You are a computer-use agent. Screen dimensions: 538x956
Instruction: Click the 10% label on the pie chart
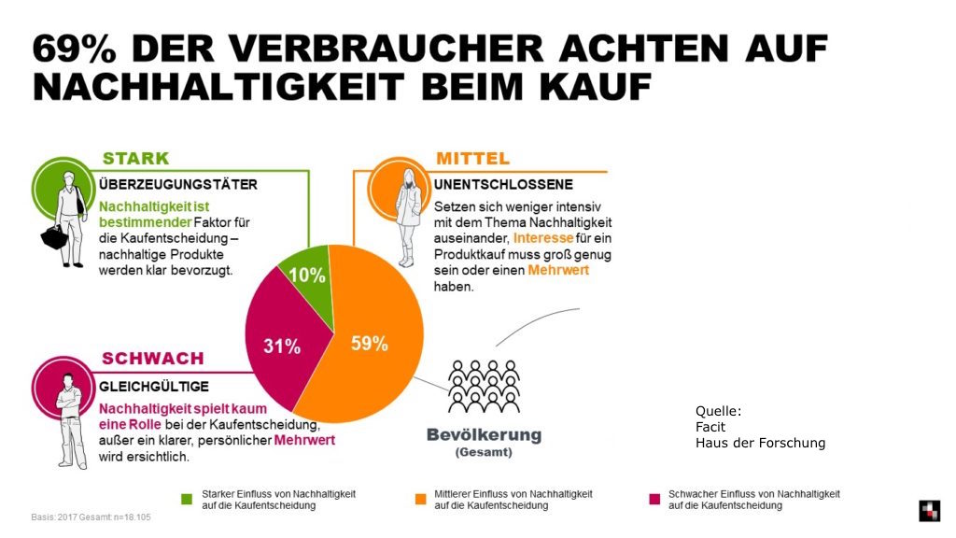tap(306, 276)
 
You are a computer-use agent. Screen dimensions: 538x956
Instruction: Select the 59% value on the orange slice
tap(370, 344)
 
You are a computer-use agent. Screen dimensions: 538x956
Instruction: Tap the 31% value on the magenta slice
tap(282, 347)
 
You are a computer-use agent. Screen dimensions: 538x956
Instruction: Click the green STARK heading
tap(135, 158)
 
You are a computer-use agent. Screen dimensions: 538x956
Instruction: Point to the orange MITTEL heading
tap(472, 158)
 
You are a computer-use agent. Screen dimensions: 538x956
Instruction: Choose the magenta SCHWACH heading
tap(152, 359)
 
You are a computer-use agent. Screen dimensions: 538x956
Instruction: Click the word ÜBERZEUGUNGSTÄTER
tap(178, 184)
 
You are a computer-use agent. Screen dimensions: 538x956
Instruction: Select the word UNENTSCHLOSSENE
tap(503, 184)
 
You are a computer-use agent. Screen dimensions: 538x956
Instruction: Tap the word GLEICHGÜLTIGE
tap(154, 386)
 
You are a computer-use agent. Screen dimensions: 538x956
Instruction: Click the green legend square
tap(185, 497)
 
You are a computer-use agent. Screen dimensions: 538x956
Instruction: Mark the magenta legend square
tap(655, 497)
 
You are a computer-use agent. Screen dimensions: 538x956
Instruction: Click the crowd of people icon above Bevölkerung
tap(483, 387)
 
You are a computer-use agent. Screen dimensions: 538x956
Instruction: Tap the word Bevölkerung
tap(484, 435)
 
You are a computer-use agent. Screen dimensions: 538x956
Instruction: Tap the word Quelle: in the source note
tap(718, 410)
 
